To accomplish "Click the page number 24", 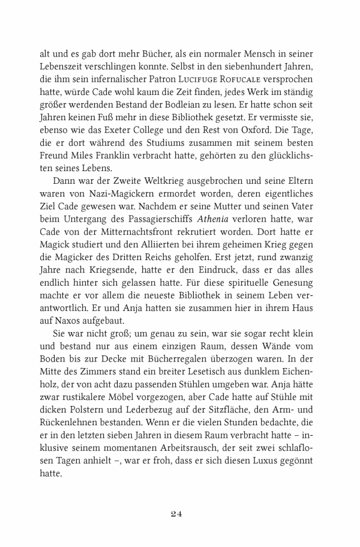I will click(180, 513).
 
